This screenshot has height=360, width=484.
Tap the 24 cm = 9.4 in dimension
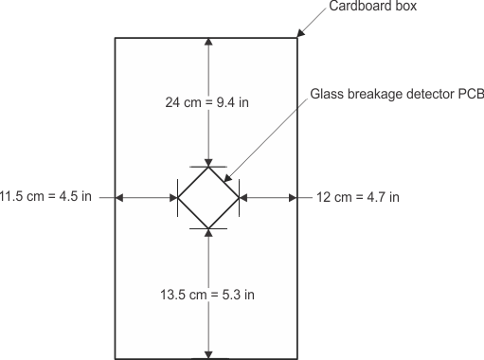[208, 101]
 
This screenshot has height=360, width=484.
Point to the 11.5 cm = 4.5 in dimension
[45, 197]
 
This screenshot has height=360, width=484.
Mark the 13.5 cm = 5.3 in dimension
[208, 294]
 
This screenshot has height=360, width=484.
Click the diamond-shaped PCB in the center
[208, 197]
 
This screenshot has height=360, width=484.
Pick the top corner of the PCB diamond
[208, 167]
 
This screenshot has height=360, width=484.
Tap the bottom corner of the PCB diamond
[208, 227]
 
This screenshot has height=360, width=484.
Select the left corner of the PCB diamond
[178, 197]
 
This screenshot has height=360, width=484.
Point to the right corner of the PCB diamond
[239, 197]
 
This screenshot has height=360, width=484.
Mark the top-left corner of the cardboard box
[116, 37]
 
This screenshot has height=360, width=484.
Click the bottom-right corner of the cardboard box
[298, 359]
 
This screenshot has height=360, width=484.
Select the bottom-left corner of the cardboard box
[116, 359]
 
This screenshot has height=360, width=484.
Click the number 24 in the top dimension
[172, 101]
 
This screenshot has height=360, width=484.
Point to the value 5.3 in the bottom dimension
[230, 294]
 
